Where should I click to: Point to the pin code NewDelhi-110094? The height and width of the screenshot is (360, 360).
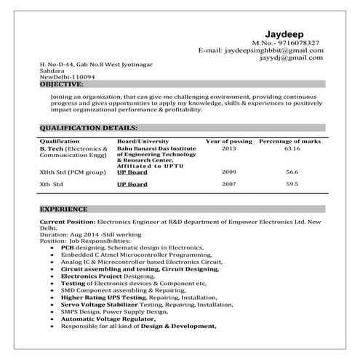(67, 76)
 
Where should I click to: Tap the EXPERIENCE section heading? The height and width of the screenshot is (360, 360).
(64, 209)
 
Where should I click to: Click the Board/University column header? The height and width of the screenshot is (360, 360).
(143, 140)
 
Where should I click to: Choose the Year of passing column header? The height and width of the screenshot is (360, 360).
(228, 140)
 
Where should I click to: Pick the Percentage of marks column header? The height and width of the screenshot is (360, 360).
(290, 140)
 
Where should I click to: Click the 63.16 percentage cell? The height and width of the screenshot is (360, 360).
(292, 148)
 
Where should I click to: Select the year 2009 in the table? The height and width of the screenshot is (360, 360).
(228, 172)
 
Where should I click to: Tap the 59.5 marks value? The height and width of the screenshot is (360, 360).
(292, 184)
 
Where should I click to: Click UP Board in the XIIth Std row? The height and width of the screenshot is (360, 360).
(132, 172)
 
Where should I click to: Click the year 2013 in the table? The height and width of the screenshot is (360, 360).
(228, 148)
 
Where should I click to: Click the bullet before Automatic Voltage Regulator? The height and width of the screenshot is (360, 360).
(52, 320)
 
